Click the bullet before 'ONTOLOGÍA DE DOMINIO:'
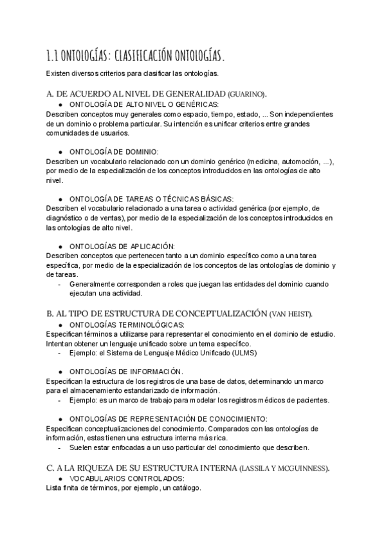[60, 151]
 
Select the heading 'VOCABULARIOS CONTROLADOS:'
[127, 479]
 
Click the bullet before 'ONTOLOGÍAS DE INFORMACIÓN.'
[60, 372]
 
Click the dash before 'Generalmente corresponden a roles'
[60, 284]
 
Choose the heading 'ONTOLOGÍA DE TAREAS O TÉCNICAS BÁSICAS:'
[151, 198]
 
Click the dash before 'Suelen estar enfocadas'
[60, 447]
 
